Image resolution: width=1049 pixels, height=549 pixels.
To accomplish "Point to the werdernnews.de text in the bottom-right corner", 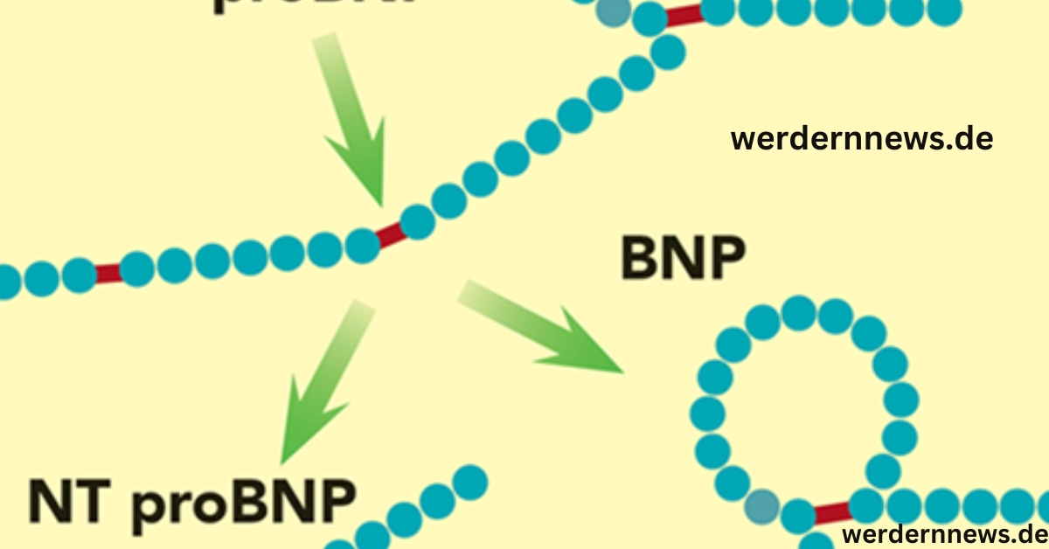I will point(944,533).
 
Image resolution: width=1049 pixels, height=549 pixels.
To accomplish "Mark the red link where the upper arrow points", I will point(390,233).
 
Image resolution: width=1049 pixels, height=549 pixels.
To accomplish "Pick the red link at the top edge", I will point(684,15).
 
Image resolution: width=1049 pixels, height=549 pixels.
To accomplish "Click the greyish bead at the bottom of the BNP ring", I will point(762,505).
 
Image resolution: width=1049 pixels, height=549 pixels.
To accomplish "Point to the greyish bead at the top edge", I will point(615,10).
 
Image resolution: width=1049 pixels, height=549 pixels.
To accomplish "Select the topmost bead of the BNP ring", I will point(798,312).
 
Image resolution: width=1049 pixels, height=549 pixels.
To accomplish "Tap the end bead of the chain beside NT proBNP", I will point(471,482).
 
